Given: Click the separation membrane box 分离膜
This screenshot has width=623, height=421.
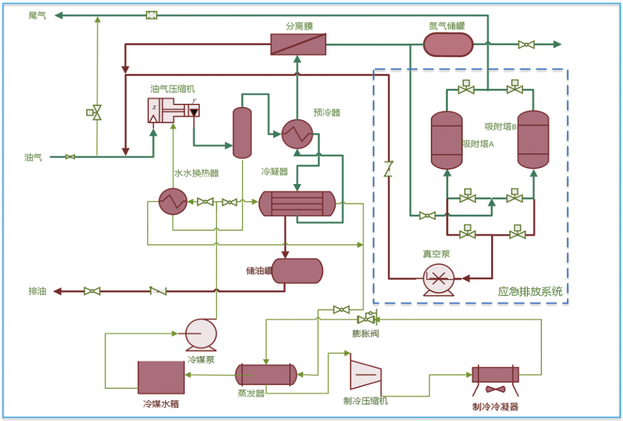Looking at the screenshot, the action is pos(298,44).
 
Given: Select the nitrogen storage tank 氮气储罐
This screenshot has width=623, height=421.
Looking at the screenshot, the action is pos(448,44).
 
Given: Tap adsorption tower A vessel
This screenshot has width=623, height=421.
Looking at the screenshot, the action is pos(447,140).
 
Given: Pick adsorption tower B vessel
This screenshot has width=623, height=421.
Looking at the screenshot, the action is pos(533,140).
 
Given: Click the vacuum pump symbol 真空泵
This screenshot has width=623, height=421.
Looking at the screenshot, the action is pos(438,279).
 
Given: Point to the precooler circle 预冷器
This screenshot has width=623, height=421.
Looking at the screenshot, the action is pos(297,134).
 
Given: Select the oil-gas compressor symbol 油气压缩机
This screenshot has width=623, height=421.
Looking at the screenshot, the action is pos(174,110).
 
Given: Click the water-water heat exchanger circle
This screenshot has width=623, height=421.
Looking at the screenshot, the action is pos(173,202).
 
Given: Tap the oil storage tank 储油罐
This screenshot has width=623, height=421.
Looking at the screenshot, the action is pos(297,271).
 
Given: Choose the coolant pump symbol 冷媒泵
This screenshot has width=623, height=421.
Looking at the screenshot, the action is pos(201,335).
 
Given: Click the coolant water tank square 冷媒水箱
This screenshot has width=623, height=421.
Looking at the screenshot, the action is pos(161,377).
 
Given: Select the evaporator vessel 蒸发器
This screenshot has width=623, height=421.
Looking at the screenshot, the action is pos(266,375).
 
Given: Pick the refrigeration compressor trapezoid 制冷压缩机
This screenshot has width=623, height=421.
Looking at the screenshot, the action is pos(366,375).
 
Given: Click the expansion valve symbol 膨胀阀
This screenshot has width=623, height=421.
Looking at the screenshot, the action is pos(368,318).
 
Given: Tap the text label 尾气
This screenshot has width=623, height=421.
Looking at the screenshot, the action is pos(37,16).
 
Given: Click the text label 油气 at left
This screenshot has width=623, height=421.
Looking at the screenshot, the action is pos(33,157).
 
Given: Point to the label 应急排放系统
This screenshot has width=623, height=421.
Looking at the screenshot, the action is pos(530,292).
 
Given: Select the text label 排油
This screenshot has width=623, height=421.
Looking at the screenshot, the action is pos(37,291).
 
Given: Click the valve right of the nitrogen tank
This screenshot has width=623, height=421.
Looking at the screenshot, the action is pos(526,44).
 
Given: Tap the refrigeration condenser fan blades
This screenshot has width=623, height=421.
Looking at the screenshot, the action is pos(496,390).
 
